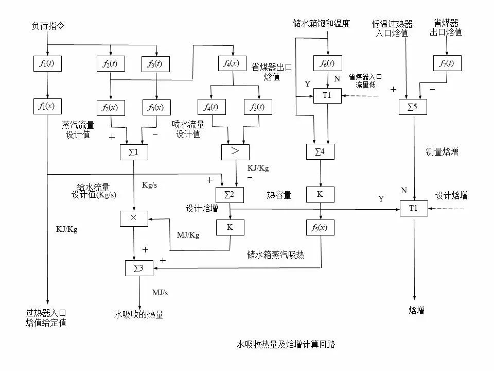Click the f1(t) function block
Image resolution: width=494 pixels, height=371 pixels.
(47, 63)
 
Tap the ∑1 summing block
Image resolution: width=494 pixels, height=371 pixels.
(133, 152)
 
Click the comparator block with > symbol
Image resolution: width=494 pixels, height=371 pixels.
(235, 152)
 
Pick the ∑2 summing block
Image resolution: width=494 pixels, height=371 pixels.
(230, 194)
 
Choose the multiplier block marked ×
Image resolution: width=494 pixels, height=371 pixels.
(133, 218)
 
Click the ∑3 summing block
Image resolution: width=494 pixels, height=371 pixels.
(139, 267)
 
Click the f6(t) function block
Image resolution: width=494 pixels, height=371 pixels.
(328, 63)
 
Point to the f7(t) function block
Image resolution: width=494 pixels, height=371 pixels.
(447, 63)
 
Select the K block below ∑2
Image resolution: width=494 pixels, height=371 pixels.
(230, 227)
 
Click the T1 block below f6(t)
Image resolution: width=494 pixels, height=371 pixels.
(327, 95)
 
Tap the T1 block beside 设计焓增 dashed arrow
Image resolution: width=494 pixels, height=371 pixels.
(414, 208)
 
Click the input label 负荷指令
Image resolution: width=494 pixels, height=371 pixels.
(45, 25)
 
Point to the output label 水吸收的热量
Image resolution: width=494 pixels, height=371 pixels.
(138, 314)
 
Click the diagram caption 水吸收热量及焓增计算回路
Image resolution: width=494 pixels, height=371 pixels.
(286, 344)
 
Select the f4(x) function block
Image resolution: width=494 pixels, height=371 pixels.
(233, 63)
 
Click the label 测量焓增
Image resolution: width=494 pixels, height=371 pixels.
(442, 152)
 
